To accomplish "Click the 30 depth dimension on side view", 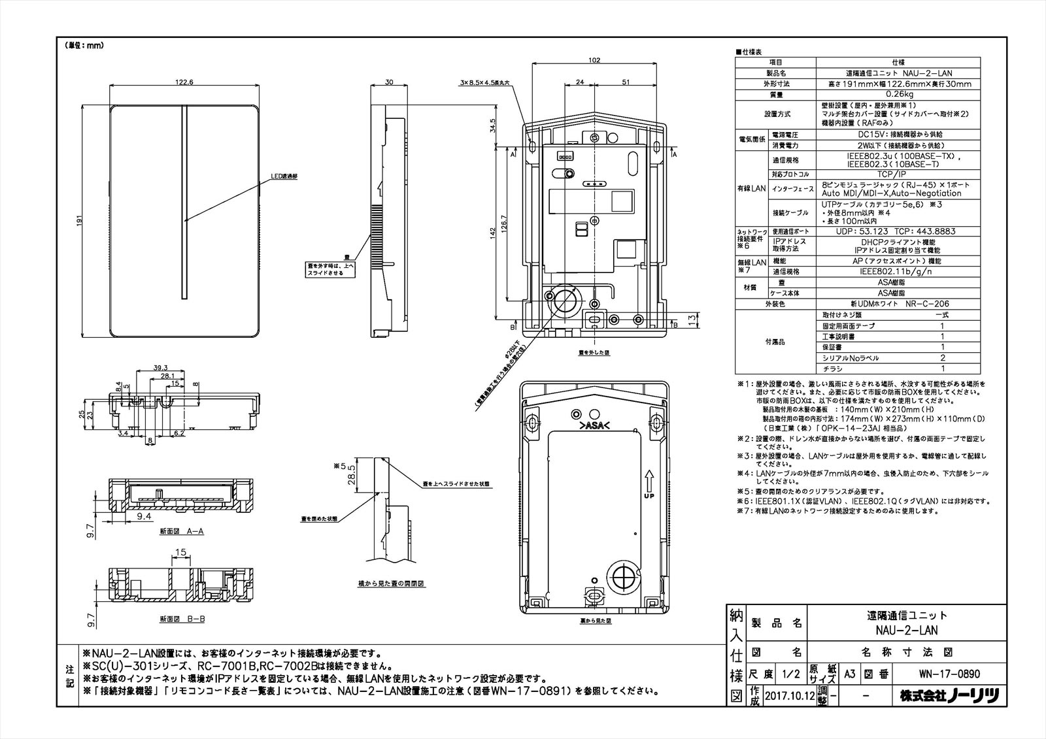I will pyautogui.click(x=389, y=82).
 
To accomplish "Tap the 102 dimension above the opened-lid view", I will pyautogui.click(x=594, y=60).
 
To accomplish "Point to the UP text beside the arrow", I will pyautogui.click(x=648, y=496).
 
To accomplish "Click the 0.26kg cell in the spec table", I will pyautogui.click(x=898, y=95).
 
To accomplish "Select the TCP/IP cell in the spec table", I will pyautogui.click(x=898, y=174).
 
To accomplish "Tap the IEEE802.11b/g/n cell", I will pyautogui.click(x=898, y=271).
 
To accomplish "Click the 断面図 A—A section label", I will pyautogui.click(x=181, y=531).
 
